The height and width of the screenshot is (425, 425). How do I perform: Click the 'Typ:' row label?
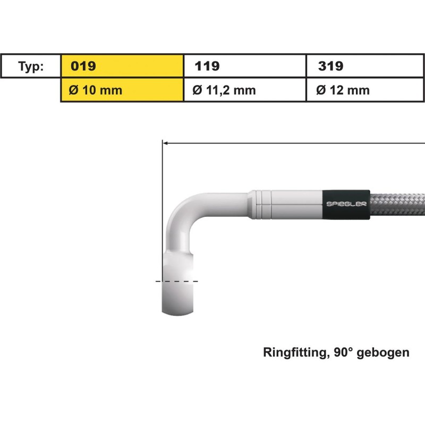[x=31, y=66]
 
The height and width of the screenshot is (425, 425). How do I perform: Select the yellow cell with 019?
[x=122, y=66]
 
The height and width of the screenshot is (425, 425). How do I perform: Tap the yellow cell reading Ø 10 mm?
[x=122, y=90]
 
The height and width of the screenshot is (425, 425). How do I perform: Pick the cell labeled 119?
[x=245, y=66]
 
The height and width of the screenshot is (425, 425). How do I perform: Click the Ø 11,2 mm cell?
[x=245, y=90]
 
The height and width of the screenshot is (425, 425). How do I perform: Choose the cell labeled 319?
[x=365, y=66]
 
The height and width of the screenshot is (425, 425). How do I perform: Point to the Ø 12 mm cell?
[x=365, y=90]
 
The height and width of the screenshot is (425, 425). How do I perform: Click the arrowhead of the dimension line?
[x=165, y=143]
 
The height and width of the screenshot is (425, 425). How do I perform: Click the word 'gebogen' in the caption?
[x=387, y=353]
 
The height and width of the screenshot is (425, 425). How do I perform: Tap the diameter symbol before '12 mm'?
[x=321, y=90]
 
